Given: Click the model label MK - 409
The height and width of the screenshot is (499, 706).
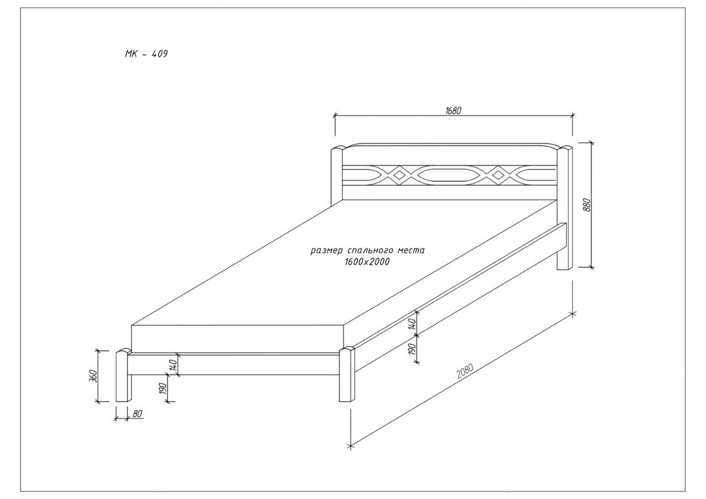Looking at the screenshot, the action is coord(146,54).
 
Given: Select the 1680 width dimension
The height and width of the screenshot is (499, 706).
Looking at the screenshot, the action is coord(453,111).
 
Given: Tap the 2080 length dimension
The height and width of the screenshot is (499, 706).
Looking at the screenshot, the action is coord(465,371).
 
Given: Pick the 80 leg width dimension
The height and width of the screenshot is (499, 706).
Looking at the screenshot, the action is coord(137,413).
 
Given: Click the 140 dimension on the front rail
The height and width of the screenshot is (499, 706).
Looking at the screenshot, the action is coord(173,365).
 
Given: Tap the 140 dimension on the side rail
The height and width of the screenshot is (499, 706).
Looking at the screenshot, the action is coord(412,324).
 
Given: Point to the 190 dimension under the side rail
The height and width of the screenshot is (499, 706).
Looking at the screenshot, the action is coord(412,349).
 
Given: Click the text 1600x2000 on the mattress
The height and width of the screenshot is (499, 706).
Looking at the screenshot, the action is coord(367,262).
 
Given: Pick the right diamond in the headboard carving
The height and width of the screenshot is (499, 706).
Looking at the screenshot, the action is coord(498,175).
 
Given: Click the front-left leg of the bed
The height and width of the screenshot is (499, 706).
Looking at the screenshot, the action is coord(124,375).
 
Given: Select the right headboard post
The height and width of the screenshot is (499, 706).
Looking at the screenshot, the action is coord(565,208).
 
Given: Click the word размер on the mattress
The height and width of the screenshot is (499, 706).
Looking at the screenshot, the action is coord(327,251).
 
